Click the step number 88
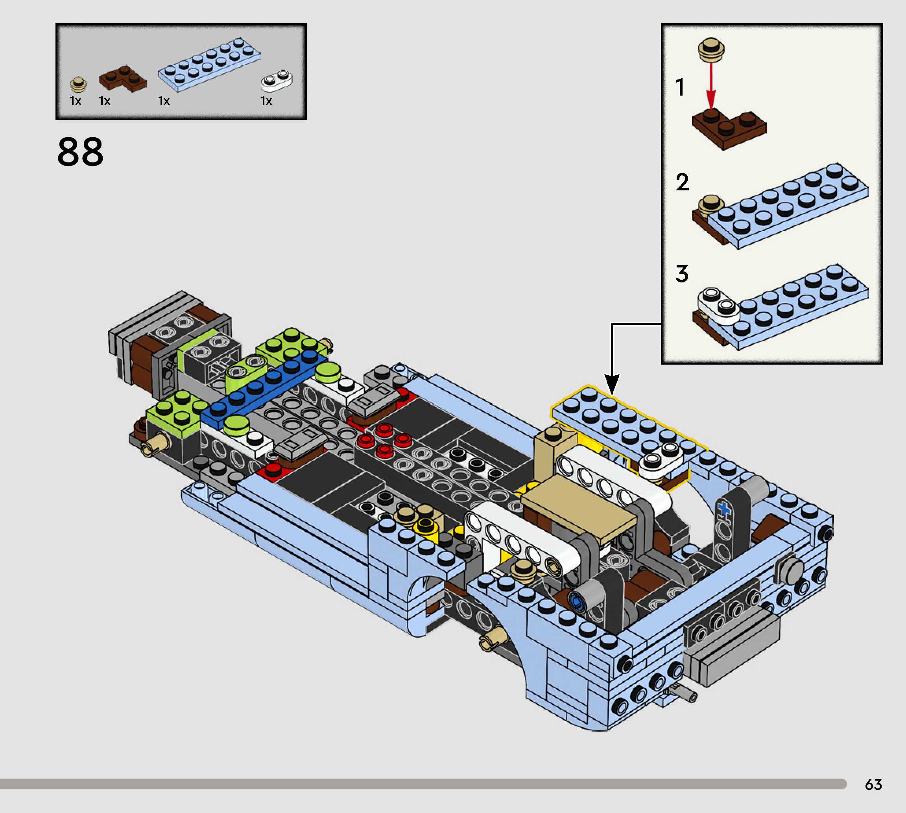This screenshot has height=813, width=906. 80,152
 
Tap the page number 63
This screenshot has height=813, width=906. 873,784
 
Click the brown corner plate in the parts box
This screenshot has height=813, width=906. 122,78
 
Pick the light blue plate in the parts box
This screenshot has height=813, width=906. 209,65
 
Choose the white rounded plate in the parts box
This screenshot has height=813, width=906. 277,80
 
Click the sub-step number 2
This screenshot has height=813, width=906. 682,182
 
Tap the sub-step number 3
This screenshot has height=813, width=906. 682,273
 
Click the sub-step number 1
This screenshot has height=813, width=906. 680,88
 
